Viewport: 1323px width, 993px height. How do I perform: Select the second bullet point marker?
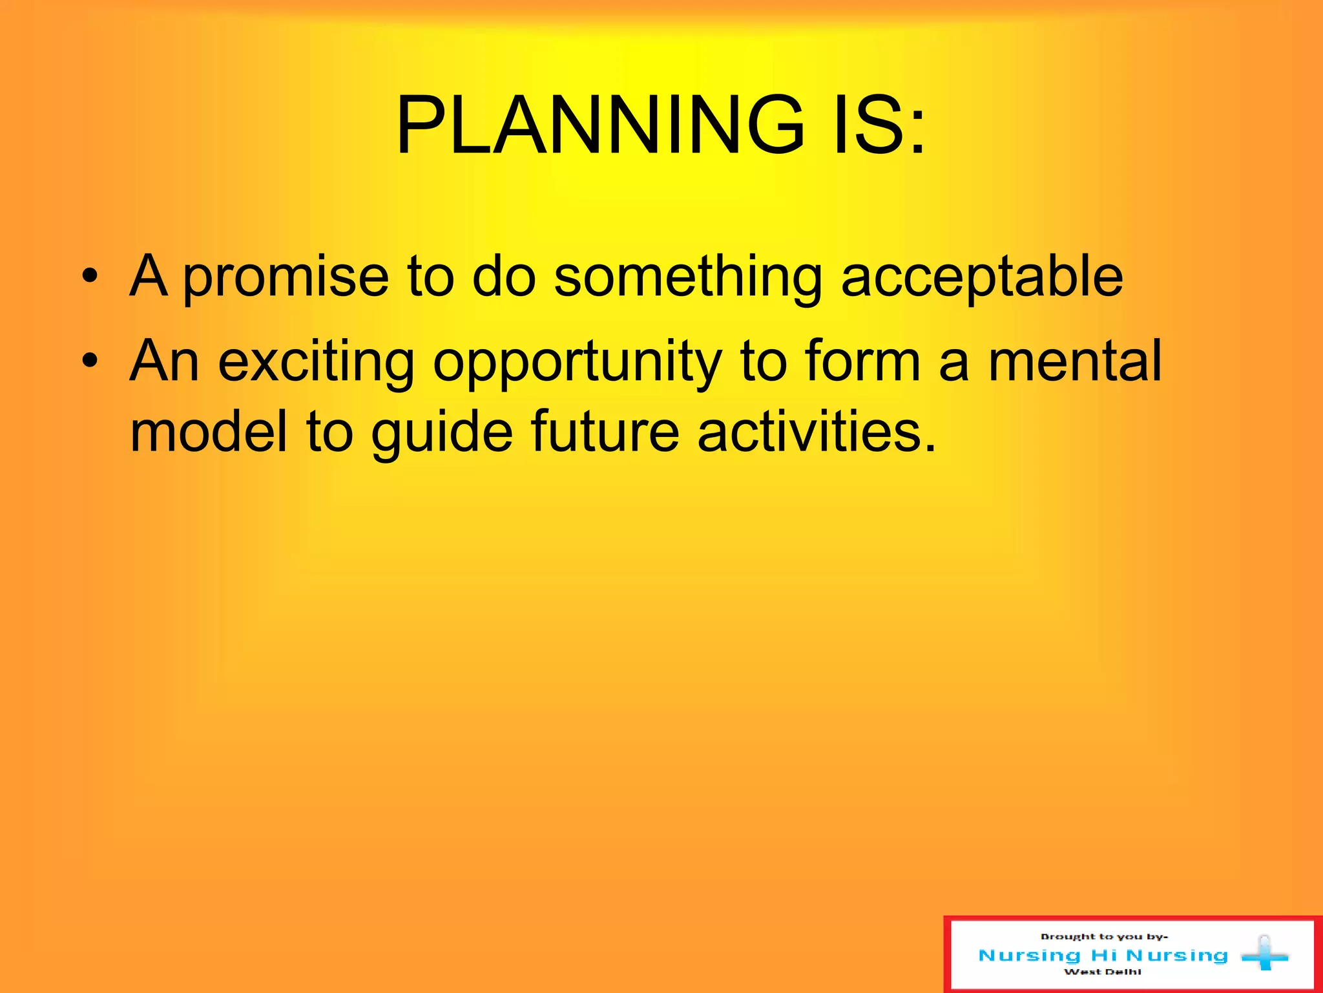pos(90,361)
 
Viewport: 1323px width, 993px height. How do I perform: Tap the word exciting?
pos(317,361)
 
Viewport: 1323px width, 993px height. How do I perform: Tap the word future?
pos(605,431)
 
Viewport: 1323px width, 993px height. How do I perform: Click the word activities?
pos(816,431)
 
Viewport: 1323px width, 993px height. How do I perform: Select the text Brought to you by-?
pos(1104,936)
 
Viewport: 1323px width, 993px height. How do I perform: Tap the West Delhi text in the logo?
pos(1103,972)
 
